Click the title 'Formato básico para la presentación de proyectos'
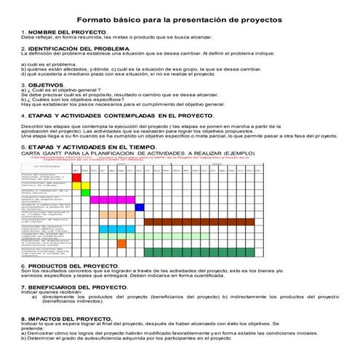[179, 15]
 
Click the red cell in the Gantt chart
[85, 177]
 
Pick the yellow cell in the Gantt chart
[85, 192]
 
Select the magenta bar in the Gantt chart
[112, 199]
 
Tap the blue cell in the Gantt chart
[140, 207]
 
